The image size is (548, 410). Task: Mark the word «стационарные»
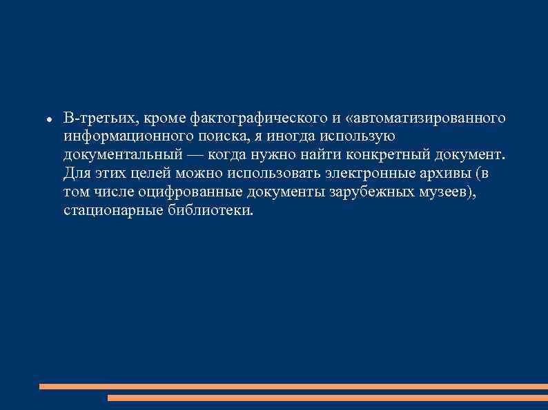(112, 210)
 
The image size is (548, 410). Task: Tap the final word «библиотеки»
(211, 210)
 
